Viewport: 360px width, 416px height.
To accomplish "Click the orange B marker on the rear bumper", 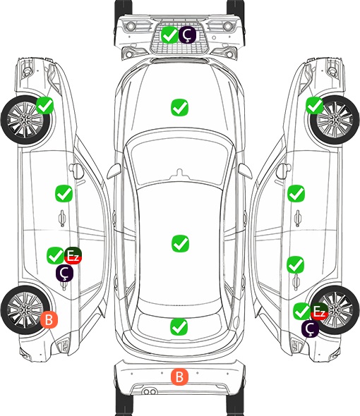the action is point(179,377).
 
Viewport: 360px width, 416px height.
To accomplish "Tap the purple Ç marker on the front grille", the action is point(187,35).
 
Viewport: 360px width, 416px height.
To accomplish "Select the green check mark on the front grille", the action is point(169,35).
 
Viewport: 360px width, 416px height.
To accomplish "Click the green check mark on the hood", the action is point(179,107).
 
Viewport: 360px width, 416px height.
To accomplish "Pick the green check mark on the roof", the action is point(180,243).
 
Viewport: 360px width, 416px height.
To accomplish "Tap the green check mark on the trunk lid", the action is point(179,326).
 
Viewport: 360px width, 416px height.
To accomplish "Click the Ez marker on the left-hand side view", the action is point(73,256).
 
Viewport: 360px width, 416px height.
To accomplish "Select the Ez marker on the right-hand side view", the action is point(319,311).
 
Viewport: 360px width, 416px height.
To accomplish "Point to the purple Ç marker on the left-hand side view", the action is point(64,273).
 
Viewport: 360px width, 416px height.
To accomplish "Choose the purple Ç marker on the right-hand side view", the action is point(310,329).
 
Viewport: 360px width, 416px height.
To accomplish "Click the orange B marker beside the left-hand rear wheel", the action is point(49,319).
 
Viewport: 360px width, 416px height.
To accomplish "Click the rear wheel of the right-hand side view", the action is point(335,310).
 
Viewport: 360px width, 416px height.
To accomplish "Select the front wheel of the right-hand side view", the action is point(335,120).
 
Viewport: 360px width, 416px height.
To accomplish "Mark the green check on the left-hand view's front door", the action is point(64,194).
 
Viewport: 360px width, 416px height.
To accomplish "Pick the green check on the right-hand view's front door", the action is point(296,194).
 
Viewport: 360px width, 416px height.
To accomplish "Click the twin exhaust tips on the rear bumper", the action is point(150,391).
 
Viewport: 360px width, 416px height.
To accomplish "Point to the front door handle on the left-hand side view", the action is point(62,218).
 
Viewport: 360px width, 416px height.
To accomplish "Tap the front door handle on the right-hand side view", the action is point(298,218).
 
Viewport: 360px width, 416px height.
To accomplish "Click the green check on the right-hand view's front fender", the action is point(315,105).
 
